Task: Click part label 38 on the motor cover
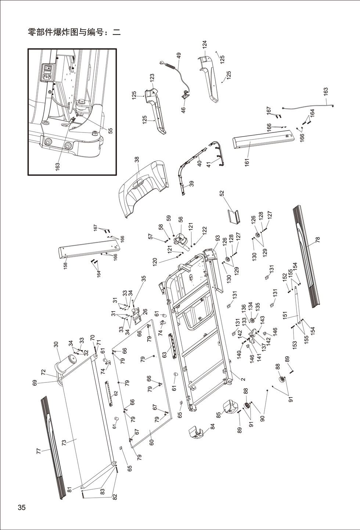(137, 160)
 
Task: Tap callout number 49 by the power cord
(179, 56)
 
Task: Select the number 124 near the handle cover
(205, 44)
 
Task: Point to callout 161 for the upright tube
(247, 162)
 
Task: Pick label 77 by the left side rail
(39, 451)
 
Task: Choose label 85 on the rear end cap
(218, 415)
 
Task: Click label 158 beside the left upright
(65, 265)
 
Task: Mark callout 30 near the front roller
(56, 345)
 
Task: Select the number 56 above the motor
(180, 219)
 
